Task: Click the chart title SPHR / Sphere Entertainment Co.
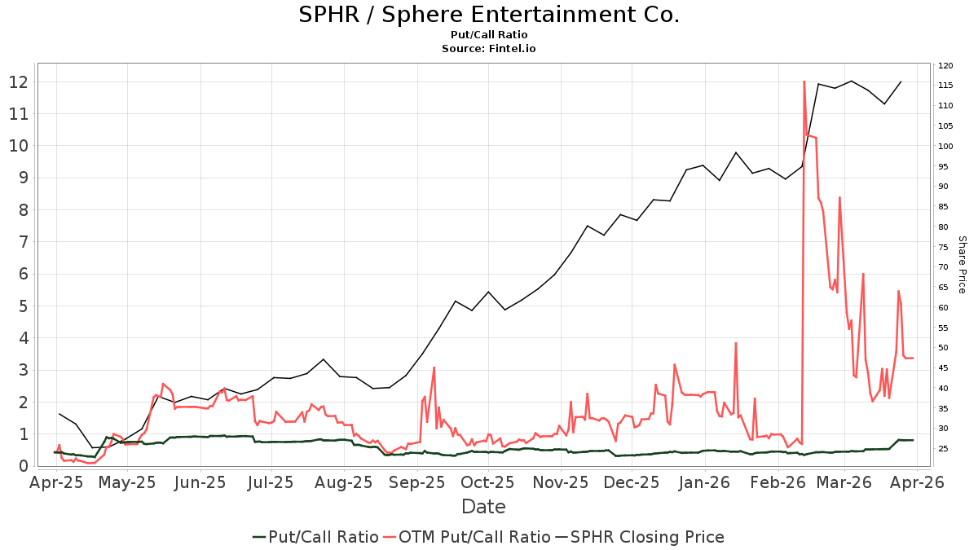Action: point(488,15)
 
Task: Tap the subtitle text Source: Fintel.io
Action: point(488,49)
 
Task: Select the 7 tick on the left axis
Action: point(23,242)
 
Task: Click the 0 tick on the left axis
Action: point(23,466)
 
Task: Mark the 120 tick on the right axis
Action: point(946,66)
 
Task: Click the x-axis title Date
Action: point(483,507)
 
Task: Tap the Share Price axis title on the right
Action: point(962,265)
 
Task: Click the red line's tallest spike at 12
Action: point(804,81)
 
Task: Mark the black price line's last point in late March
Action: point(901,81)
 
